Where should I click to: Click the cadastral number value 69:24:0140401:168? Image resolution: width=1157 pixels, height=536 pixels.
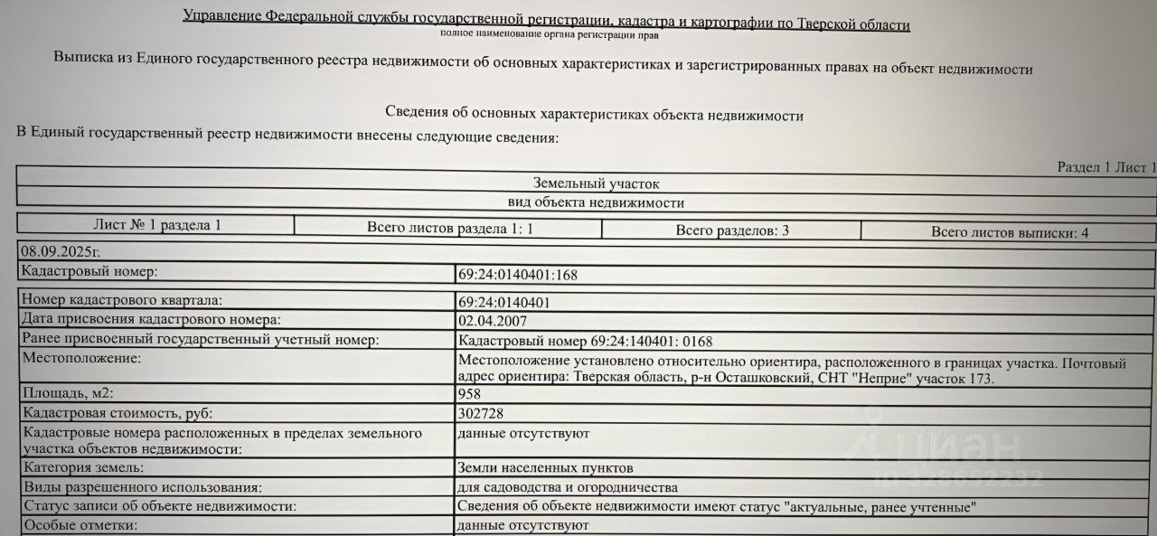[517, 275]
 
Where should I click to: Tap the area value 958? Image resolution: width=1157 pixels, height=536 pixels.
[470, 394]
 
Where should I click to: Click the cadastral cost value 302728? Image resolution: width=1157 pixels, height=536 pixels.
[481, 413]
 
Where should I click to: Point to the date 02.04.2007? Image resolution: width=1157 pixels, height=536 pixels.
[493, 320]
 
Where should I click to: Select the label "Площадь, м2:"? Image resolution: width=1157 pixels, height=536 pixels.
[68, 394]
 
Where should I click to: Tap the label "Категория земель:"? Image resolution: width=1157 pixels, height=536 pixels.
[83, 468]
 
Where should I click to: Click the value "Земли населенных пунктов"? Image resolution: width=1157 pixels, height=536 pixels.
[546, 468]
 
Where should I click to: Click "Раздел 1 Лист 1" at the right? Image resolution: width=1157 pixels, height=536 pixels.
[1106, 167]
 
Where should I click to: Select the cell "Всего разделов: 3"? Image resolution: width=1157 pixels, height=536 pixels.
[732, 230]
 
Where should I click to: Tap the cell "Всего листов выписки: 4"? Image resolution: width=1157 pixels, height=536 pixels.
[1010, 232]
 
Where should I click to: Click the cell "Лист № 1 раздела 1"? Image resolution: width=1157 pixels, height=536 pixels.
[157, 225]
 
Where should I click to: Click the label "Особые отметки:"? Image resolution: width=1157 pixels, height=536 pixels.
[80, 525]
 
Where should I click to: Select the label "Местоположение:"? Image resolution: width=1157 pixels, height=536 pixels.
[82, 359]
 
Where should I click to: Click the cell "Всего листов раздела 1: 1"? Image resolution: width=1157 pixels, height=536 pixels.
[450, 229]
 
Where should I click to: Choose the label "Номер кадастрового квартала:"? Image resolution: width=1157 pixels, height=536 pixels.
[122, 301]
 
